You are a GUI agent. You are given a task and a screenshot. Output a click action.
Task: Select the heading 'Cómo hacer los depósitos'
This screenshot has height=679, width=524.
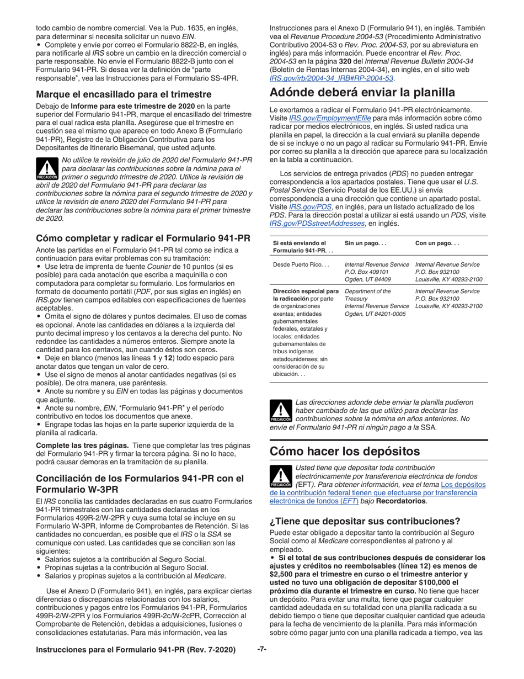[345, 451]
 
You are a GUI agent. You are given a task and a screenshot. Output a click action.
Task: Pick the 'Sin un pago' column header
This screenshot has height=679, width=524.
[366, 243]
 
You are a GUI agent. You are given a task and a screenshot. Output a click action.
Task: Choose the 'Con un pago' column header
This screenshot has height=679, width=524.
[437, 243]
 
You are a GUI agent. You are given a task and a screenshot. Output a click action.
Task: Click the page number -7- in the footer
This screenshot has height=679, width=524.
[262, 650]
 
